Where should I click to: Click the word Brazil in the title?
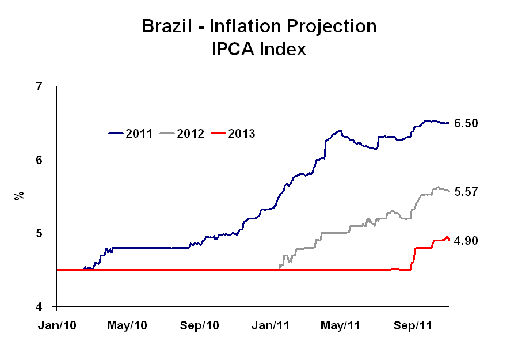[x=167, y=26]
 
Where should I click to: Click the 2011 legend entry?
[x=131, y=134]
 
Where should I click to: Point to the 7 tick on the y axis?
[x=39, y=86]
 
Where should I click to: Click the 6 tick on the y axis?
[x=39, y=160]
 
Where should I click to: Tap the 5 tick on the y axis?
[x=39, y=233]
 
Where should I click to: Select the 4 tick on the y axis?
[x=39, y=307]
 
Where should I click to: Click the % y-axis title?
[x=19, y=196]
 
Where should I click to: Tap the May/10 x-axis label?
[x=128, y=325]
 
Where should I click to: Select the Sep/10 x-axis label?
[x=200, y=325]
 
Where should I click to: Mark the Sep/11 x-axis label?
[x=413, y=325]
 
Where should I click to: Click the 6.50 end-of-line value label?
[x=466, y=123]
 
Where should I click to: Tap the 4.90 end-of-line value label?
[x=466, y=241]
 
